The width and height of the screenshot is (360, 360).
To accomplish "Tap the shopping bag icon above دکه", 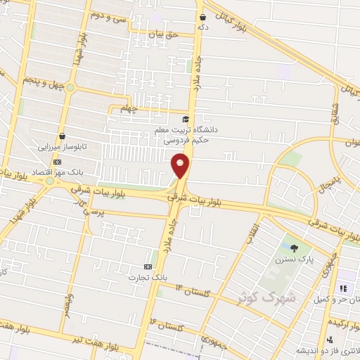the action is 203,17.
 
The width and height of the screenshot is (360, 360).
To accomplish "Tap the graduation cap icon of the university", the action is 186,120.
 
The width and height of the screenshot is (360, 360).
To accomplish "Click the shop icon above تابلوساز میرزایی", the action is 63,136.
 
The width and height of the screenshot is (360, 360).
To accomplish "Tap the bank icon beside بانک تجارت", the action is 148,266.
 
